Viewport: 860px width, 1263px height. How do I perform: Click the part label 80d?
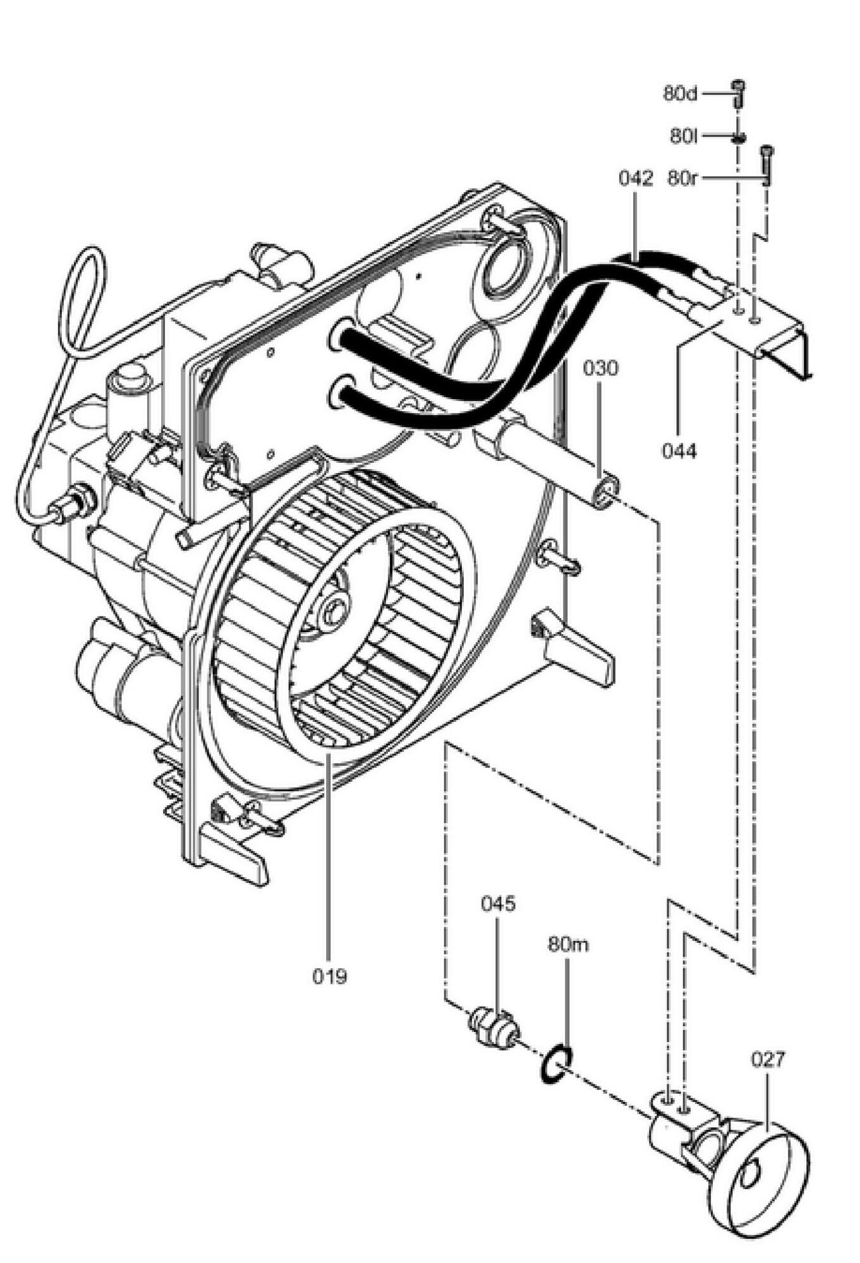pos(681,94)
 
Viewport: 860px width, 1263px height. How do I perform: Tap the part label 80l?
pos(683,136)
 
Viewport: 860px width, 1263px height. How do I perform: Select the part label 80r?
pos(682,179)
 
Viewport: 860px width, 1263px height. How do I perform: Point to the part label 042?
pos(635,179)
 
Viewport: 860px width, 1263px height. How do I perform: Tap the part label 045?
pos(498,904)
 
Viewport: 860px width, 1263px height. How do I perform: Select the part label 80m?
pos(568,945)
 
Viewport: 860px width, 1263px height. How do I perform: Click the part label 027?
pos(768,1059)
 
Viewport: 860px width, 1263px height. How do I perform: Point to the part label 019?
pos(329,976)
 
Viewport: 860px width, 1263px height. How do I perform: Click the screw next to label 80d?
pos(738,93)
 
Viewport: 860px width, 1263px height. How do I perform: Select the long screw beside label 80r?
pos(767,165)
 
